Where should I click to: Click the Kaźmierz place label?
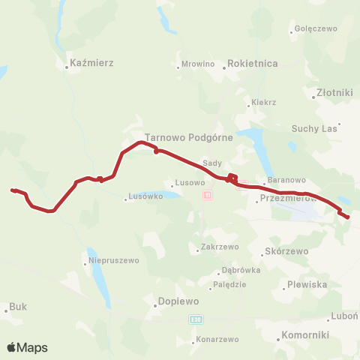click(x=91, y=63)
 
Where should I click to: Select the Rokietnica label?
click(x=252, y=64)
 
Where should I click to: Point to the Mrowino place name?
click(x=199, y=65)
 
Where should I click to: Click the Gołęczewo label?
click(x=316, y=29)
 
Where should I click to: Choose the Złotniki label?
click(x=334, y=93)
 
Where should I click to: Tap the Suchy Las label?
click(x=314, y=128)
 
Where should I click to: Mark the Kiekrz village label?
click(x=264, y=102)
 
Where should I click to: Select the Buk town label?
click(x=18, y=307)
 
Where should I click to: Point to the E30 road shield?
click(x=196, y=319)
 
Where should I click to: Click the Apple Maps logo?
click(x=27, y=347)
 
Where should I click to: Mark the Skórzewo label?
click(x=286, y=252)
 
